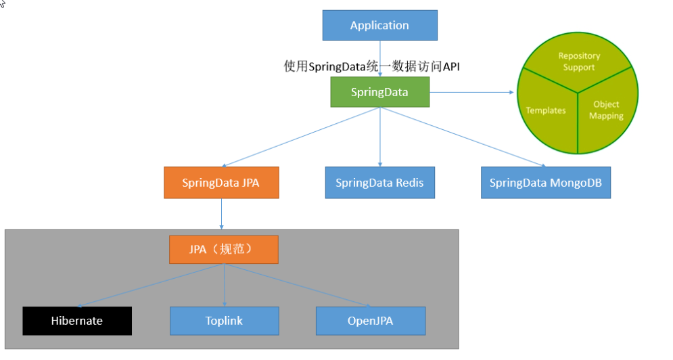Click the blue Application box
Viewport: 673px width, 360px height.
tap(380, 25)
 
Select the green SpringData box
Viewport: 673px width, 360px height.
tap(380, 92)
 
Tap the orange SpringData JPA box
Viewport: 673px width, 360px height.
tap(221, 183)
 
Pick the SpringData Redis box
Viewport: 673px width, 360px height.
tap(380, 183)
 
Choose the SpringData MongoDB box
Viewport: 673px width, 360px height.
tap(546, 183)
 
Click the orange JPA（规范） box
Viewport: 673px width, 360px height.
tap(224, 250)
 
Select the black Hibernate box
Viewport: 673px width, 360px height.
tap(77, 321)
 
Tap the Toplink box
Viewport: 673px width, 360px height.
tap(225, 321)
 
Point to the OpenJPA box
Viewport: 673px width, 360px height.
tap(371, 321)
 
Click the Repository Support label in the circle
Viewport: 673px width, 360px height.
tap(579, 62)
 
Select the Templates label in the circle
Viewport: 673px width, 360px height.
tap(546, 110)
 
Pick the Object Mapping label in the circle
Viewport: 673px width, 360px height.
tap(606, 110)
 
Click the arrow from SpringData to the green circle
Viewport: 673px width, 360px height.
tap(471, 92)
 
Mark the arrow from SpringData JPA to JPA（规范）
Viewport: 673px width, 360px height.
tap(221, 214)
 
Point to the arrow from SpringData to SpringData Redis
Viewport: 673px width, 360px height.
tap(380, 137)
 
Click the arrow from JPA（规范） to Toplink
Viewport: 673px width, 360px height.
tap(224, 285)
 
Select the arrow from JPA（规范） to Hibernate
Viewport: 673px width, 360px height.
tap(150, 286)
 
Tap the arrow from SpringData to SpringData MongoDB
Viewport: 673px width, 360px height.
tap(463, 137)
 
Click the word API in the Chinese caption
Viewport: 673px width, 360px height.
tap(451, 66)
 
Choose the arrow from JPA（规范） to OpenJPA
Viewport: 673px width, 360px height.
tap(297, 286)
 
